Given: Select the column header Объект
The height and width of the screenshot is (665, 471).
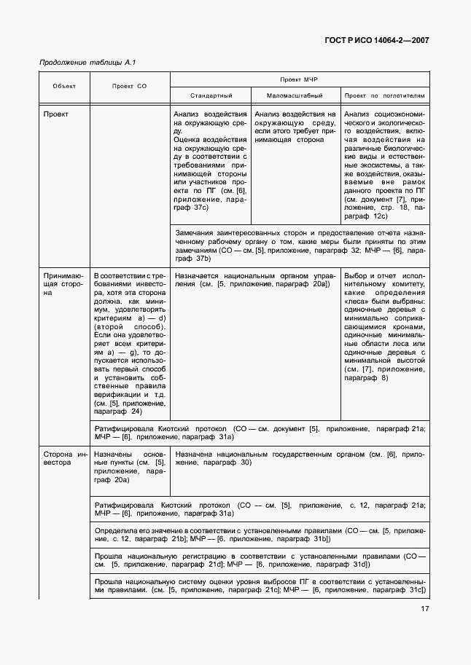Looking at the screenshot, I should point(64,87).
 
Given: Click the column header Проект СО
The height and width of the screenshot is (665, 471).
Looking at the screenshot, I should point(129,87).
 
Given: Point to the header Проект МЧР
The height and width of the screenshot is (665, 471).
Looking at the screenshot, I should point(300,79).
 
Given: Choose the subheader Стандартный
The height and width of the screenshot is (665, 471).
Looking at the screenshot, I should point(211,96).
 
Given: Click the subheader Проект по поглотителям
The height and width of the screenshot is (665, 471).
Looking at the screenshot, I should point(384,96).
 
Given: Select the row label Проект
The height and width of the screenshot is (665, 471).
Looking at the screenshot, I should point(56,115).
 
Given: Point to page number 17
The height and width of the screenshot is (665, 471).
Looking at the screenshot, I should point(424,609).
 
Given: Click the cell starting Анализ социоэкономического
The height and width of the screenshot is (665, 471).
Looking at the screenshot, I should point(384,165).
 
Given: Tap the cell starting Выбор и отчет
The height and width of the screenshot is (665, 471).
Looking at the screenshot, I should point(384,327).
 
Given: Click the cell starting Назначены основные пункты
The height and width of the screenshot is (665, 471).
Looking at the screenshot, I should point(129,466).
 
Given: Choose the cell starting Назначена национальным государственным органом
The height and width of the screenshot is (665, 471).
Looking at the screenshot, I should point(300,457).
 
